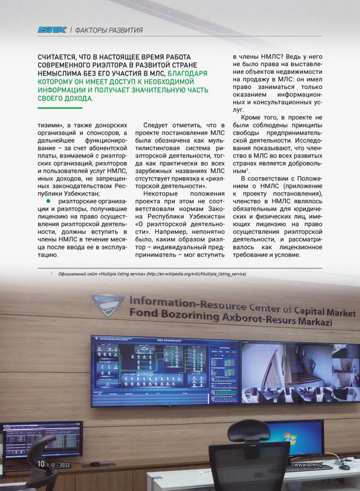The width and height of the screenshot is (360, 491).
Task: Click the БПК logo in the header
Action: [52, 30]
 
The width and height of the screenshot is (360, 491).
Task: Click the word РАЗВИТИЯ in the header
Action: [126, 30]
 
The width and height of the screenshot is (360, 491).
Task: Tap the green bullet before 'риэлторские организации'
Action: [48, 200]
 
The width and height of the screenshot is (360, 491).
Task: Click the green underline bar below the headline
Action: [60, 108]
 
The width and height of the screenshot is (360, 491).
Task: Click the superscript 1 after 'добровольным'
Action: [249, 170]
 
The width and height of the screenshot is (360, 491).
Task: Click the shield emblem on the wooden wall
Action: [108, 305]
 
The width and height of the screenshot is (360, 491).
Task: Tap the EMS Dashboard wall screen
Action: [165, 370]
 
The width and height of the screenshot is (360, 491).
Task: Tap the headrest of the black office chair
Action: [249, 430]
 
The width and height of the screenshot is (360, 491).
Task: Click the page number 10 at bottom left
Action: [41, 464]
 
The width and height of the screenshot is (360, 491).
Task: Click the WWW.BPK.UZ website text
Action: [308, 465]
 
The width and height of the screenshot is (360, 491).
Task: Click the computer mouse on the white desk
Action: [344, 467]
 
